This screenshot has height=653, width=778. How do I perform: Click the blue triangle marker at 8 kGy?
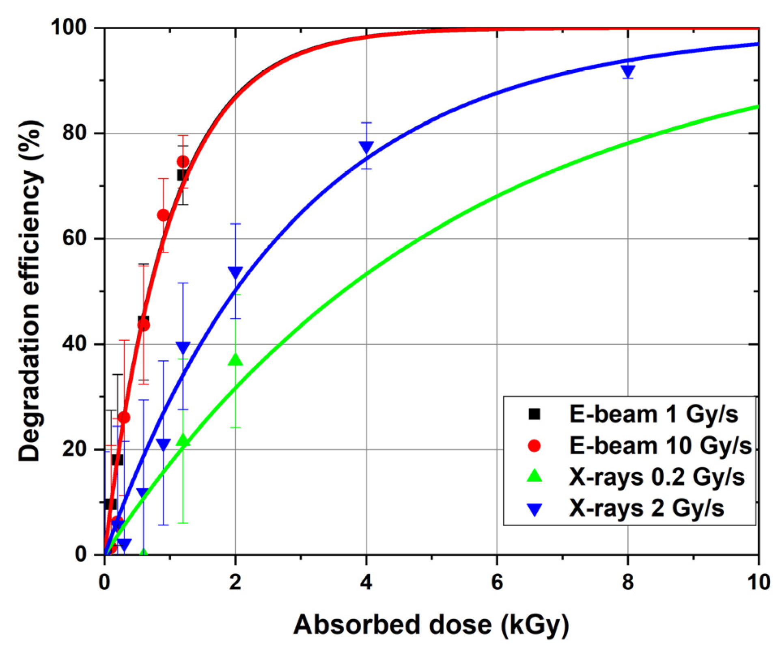(627, 71)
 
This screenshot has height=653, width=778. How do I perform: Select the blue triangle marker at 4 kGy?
(366, 147)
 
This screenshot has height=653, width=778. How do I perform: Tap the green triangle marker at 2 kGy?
(235, 359)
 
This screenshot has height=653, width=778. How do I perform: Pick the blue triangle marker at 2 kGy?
(235, 272)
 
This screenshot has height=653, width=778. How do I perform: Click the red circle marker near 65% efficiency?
(163, 215)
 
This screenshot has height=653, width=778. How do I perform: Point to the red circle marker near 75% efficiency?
(183, 162)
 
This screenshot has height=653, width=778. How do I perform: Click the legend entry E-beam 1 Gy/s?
(653, 414)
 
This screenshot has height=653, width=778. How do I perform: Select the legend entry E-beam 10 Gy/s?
(660, 445)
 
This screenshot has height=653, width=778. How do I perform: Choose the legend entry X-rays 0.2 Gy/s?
(656, 477)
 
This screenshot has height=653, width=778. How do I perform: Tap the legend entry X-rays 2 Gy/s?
(646, 508)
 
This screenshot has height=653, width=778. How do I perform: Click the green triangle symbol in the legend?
(534, 476)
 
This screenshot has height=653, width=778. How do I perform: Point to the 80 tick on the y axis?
(75, 133)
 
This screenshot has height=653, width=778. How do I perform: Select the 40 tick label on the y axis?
(75, 344)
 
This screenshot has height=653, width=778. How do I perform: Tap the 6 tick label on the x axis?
(497, 582)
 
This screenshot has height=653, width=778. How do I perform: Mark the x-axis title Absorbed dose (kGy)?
(431, 625)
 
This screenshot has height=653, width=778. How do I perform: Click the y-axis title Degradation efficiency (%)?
(30, 291)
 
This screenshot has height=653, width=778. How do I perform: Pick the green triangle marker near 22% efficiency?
(183, 440)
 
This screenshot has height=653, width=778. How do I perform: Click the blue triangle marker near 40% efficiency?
(183, 348)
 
